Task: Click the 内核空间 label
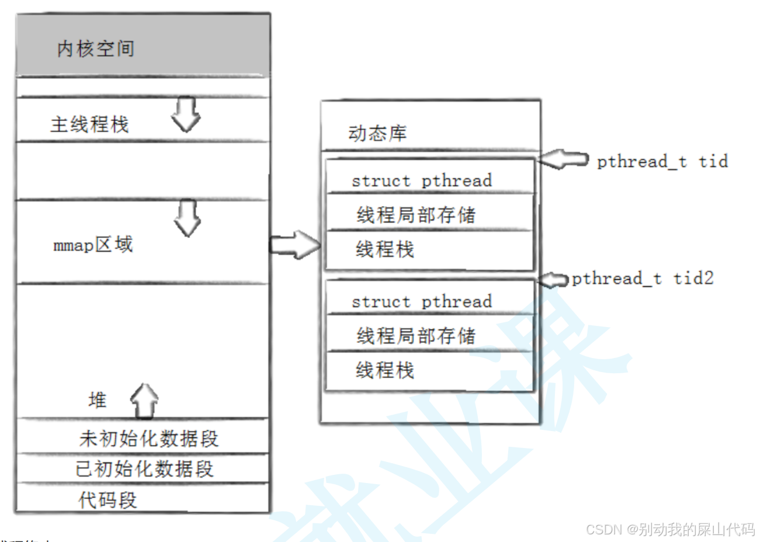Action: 96,48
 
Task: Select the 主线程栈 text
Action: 89,124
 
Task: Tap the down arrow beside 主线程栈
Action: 186,114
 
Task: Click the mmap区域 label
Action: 93,245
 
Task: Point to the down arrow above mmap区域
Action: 187,218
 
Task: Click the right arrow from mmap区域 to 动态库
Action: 296,245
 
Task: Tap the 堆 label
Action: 98,401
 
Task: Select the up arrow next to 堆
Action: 144,401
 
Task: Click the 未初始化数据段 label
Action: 149,439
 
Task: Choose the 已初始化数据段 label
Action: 145,469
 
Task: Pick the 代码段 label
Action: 107,500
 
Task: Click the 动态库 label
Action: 377,134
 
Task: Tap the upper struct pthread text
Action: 422,181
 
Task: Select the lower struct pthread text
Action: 422,302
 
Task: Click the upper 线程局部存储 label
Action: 416,215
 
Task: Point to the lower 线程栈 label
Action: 385,370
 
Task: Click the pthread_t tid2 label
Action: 643,279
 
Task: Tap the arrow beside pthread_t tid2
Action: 553,280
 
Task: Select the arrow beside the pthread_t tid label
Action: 563,159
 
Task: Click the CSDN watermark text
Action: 670,529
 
